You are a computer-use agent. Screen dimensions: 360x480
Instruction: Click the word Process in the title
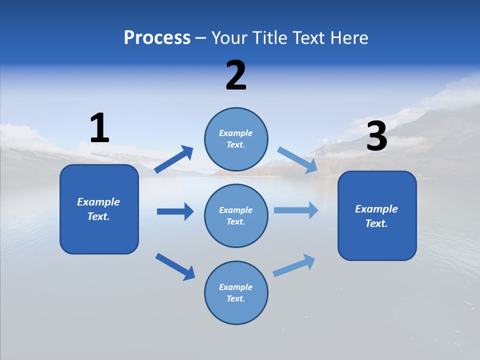[157, 38]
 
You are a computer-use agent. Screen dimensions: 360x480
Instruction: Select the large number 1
[99, 128]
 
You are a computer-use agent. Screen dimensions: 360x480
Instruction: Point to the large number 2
[236, 75]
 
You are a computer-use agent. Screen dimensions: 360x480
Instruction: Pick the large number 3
[376, 136]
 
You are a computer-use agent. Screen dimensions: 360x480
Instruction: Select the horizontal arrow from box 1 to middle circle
[175, 211]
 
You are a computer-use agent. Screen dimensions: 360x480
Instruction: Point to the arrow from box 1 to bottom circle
[175, 266]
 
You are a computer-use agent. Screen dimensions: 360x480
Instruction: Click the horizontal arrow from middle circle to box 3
[295, 210]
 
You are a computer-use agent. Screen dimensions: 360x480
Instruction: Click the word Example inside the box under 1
[98, 202]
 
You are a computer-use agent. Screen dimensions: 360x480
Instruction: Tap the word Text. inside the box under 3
[376, 223]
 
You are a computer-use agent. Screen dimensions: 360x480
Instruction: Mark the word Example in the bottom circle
[236, 287]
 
